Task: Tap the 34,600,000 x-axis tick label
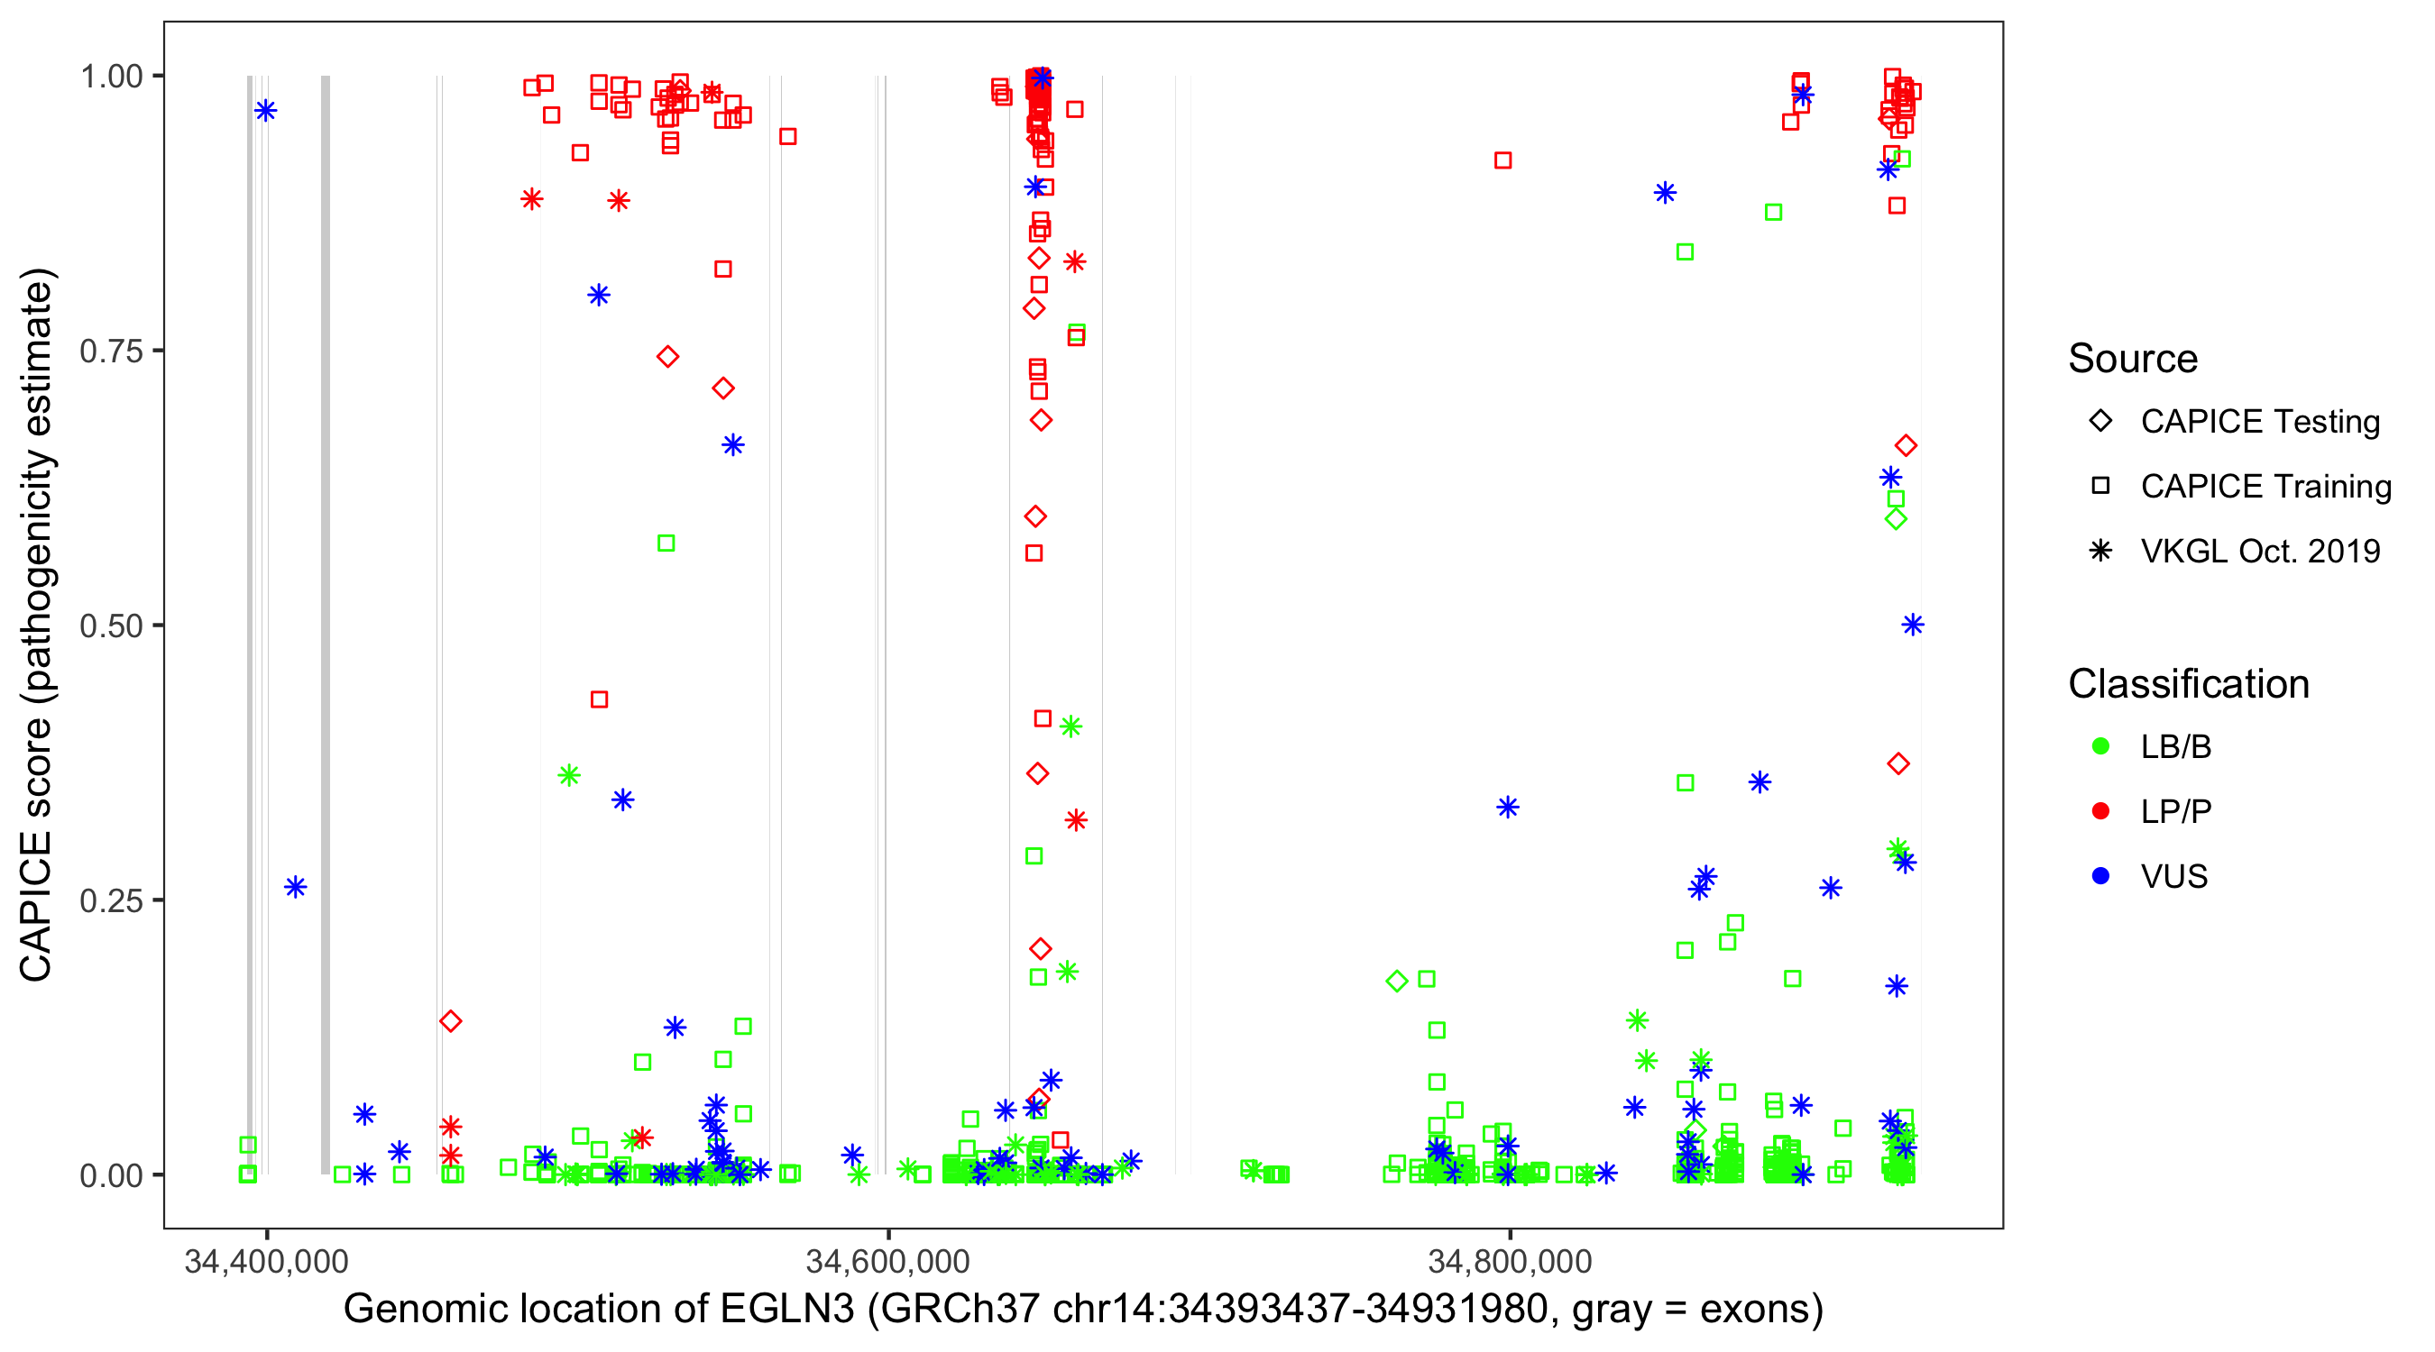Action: (887, 1261)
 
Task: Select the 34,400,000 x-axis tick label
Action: (267, 1261)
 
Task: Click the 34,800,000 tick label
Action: (1509, 1261)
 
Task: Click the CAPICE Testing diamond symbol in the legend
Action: (2100, 422)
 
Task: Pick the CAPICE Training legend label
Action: (2265, 487)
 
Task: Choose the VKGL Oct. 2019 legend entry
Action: (2259, 552)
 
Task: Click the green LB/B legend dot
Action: (2100, 746)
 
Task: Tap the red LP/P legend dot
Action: (2100, 811)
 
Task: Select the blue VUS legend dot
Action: (2100, 877)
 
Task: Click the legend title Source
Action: (2133, 359)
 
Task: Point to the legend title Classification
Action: (2188, 684)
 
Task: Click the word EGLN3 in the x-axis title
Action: (786, 1310)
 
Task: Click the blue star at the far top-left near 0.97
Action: (266, 111)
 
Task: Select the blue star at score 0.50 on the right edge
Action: (1912, 625)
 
